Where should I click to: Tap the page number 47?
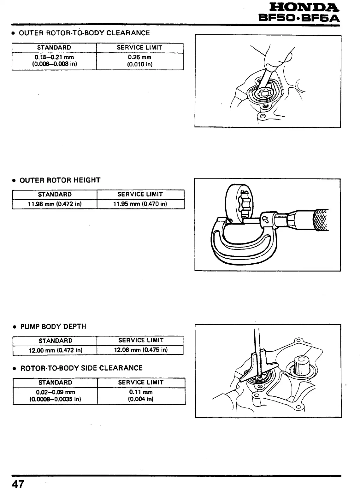(x=18, y=484)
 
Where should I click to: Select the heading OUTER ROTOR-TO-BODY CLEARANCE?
(x=84, y=33)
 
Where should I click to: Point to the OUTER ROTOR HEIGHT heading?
(x=60, y=180)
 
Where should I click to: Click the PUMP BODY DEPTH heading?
(x=53, y=327)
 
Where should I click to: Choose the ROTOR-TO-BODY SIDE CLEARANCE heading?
(x=81, y=368)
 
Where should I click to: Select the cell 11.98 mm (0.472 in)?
(x=55, y=204)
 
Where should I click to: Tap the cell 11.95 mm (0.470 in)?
(x=140, y=204)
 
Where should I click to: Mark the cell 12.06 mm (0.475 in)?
(x=141, y=350)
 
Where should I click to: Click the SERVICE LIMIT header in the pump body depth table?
(x=141, y=340)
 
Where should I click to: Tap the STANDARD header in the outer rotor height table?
(x=55, y=194)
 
